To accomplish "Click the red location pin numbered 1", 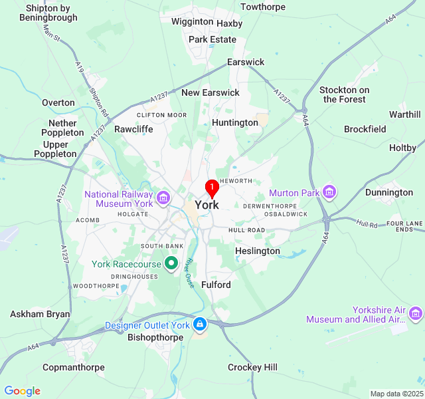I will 212,188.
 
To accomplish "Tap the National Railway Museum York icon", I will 163,197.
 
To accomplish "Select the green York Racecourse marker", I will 171,264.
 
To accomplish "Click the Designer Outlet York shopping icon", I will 199,325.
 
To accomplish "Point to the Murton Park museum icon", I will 329,193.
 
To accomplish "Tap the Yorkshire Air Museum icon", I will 416,313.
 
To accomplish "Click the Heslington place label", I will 258,251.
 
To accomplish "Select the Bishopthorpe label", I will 155,337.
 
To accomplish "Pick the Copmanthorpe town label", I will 73,367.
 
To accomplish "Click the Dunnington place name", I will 389,192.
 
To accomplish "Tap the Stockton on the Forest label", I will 345,94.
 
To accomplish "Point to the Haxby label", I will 230,23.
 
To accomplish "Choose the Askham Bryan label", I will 40,314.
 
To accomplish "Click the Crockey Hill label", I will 252,367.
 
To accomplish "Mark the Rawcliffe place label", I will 133,129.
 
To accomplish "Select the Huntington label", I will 235,122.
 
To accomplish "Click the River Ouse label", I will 189,273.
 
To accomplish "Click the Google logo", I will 22,391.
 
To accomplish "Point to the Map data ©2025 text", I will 396,394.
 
